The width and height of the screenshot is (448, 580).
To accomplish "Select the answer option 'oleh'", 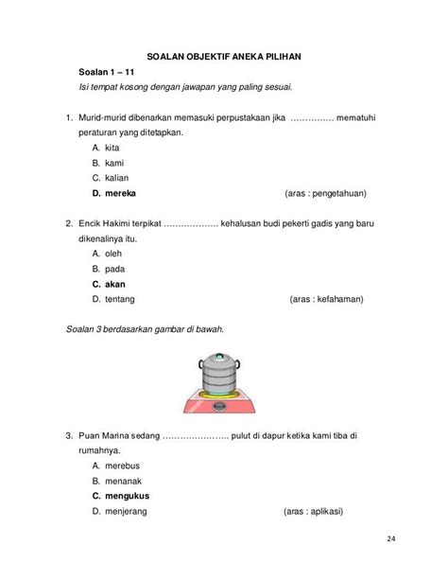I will pyautogui.click(x=116, y=254).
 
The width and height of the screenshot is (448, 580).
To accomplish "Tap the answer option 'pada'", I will pyautogui.click(x=117, y=269).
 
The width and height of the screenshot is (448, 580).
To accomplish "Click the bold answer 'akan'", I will pyautogui.click(x=116, y=284).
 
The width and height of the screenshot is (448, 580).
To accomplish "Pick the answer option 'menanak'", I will pyautogui.click(x=126, y=481).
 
